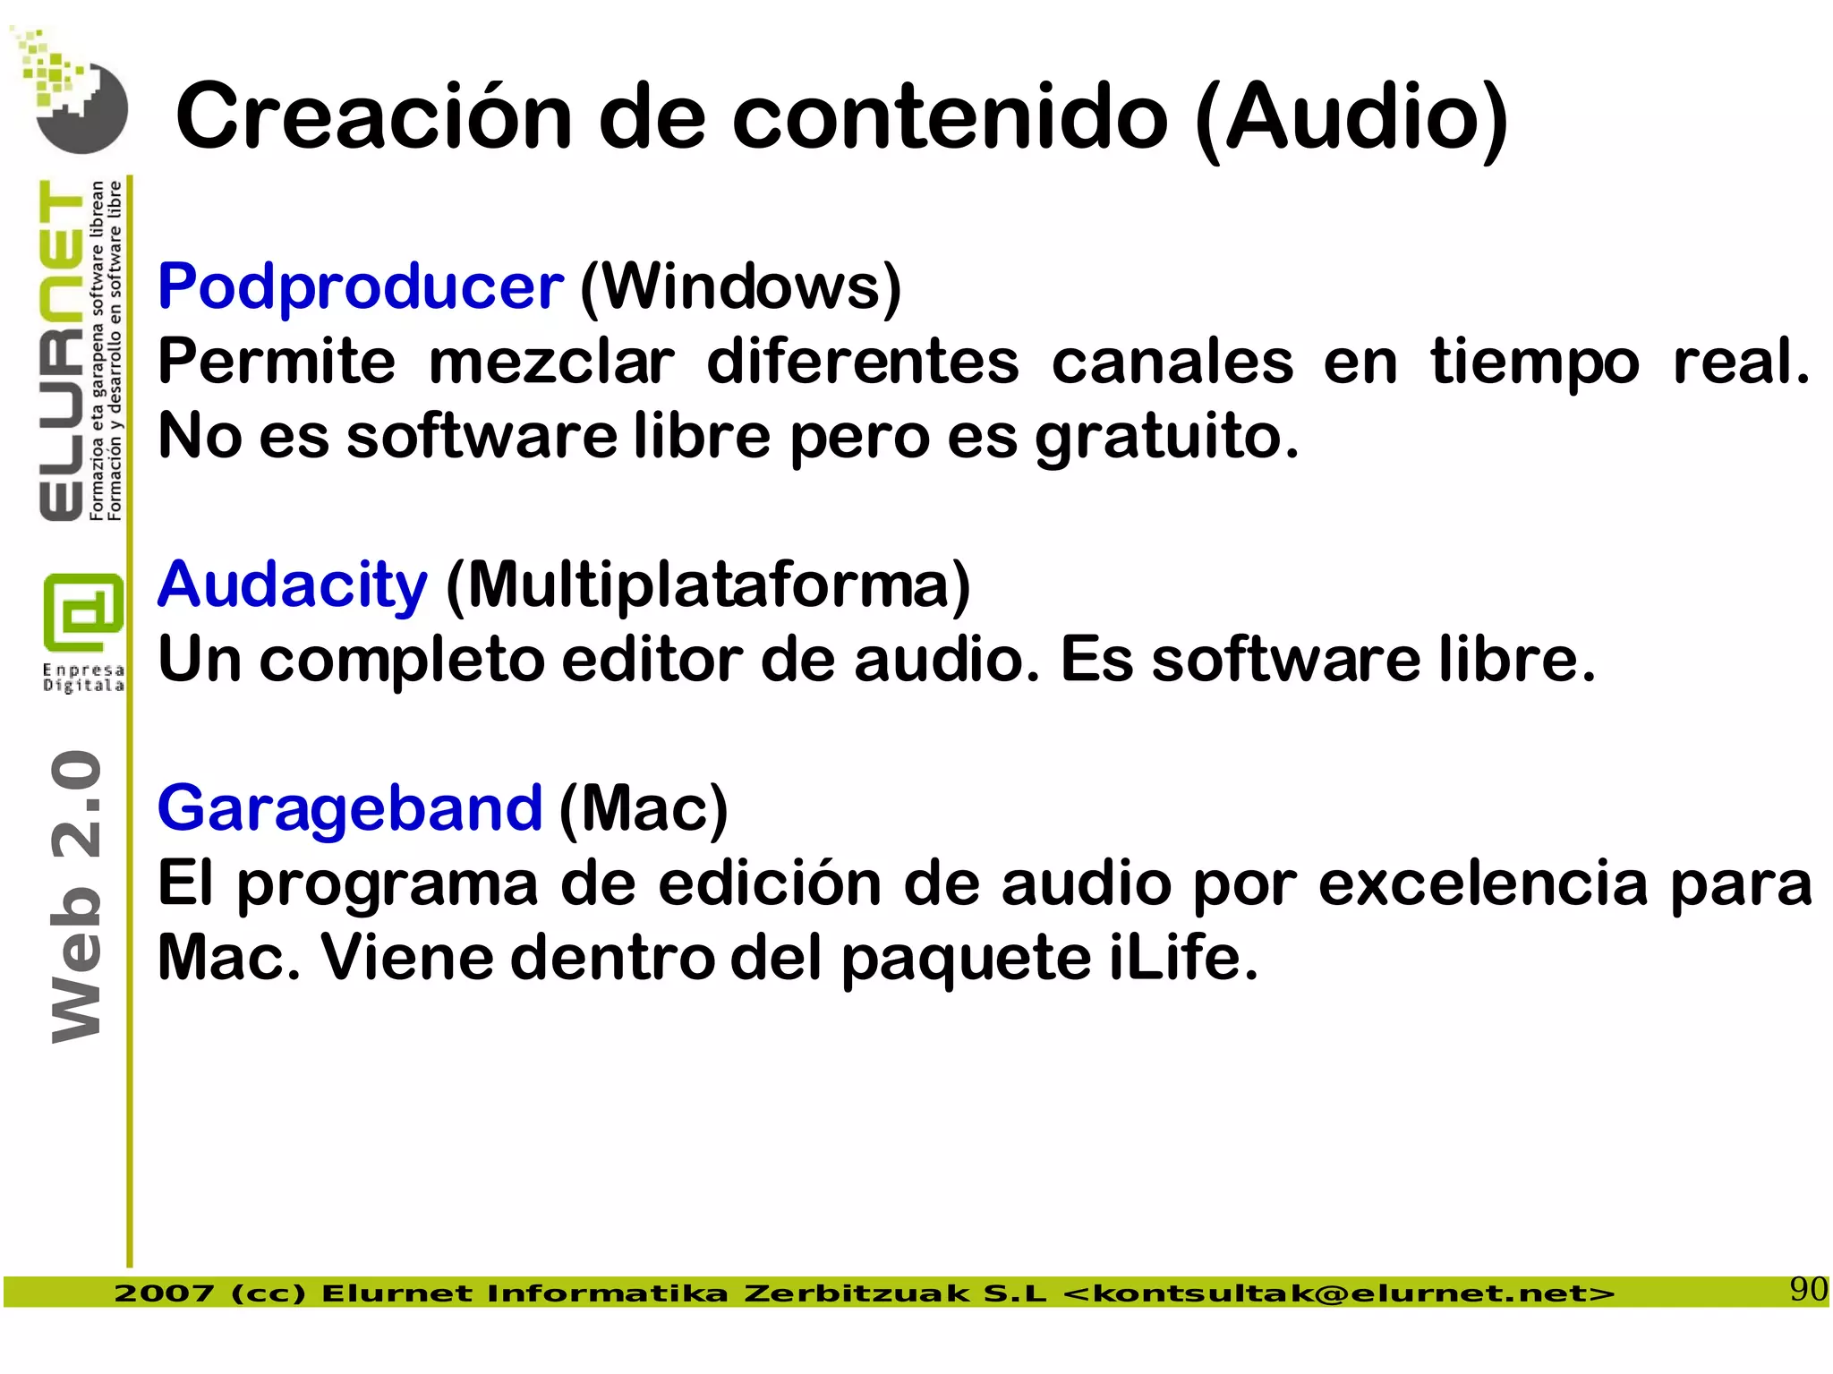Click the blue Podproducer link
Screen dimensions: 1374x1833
pyautogui.click(x=360, y=287)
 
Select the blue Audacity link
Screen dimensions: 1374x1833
pyautogui.click(x=292, y=585)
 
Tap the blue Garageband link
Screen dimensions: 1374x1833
pyautogui.click(x=349, y=808)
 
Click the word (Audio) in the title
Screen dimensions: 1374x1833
pyautogui.click(x=1351, y=118)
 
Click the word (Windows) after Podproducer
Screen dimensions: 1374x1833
pyautogui.click(x=740, y=287)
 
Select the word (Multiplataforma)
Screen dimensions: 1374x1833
pyautogui.click(x=707, y=585)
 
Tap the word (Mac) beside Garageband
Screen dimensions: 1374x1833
pyautogui.click(x=643, y=808)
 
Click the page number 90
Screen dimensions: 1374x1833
pyautogui.click(x=1807, y=1290)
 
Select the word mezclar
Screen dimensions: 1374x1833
pyautogui.click(x=551, y=363)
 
